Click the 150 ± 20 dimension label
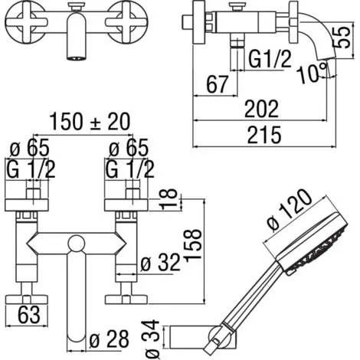click(x=90, y=122)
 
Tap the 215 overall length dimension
click(x=264, y=135)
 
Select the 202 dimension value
click(x=261, y=109)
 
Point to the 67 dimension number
click(x=217, y=84)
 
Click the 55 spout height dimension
click(x=342, y=38)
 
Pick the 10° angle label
click(x=312, y=73)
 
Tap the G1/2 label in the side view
click(x=270, y=59)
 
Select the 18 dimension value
click(x=169, y=199)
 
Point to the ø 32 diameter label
click(x=161, y=263)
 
